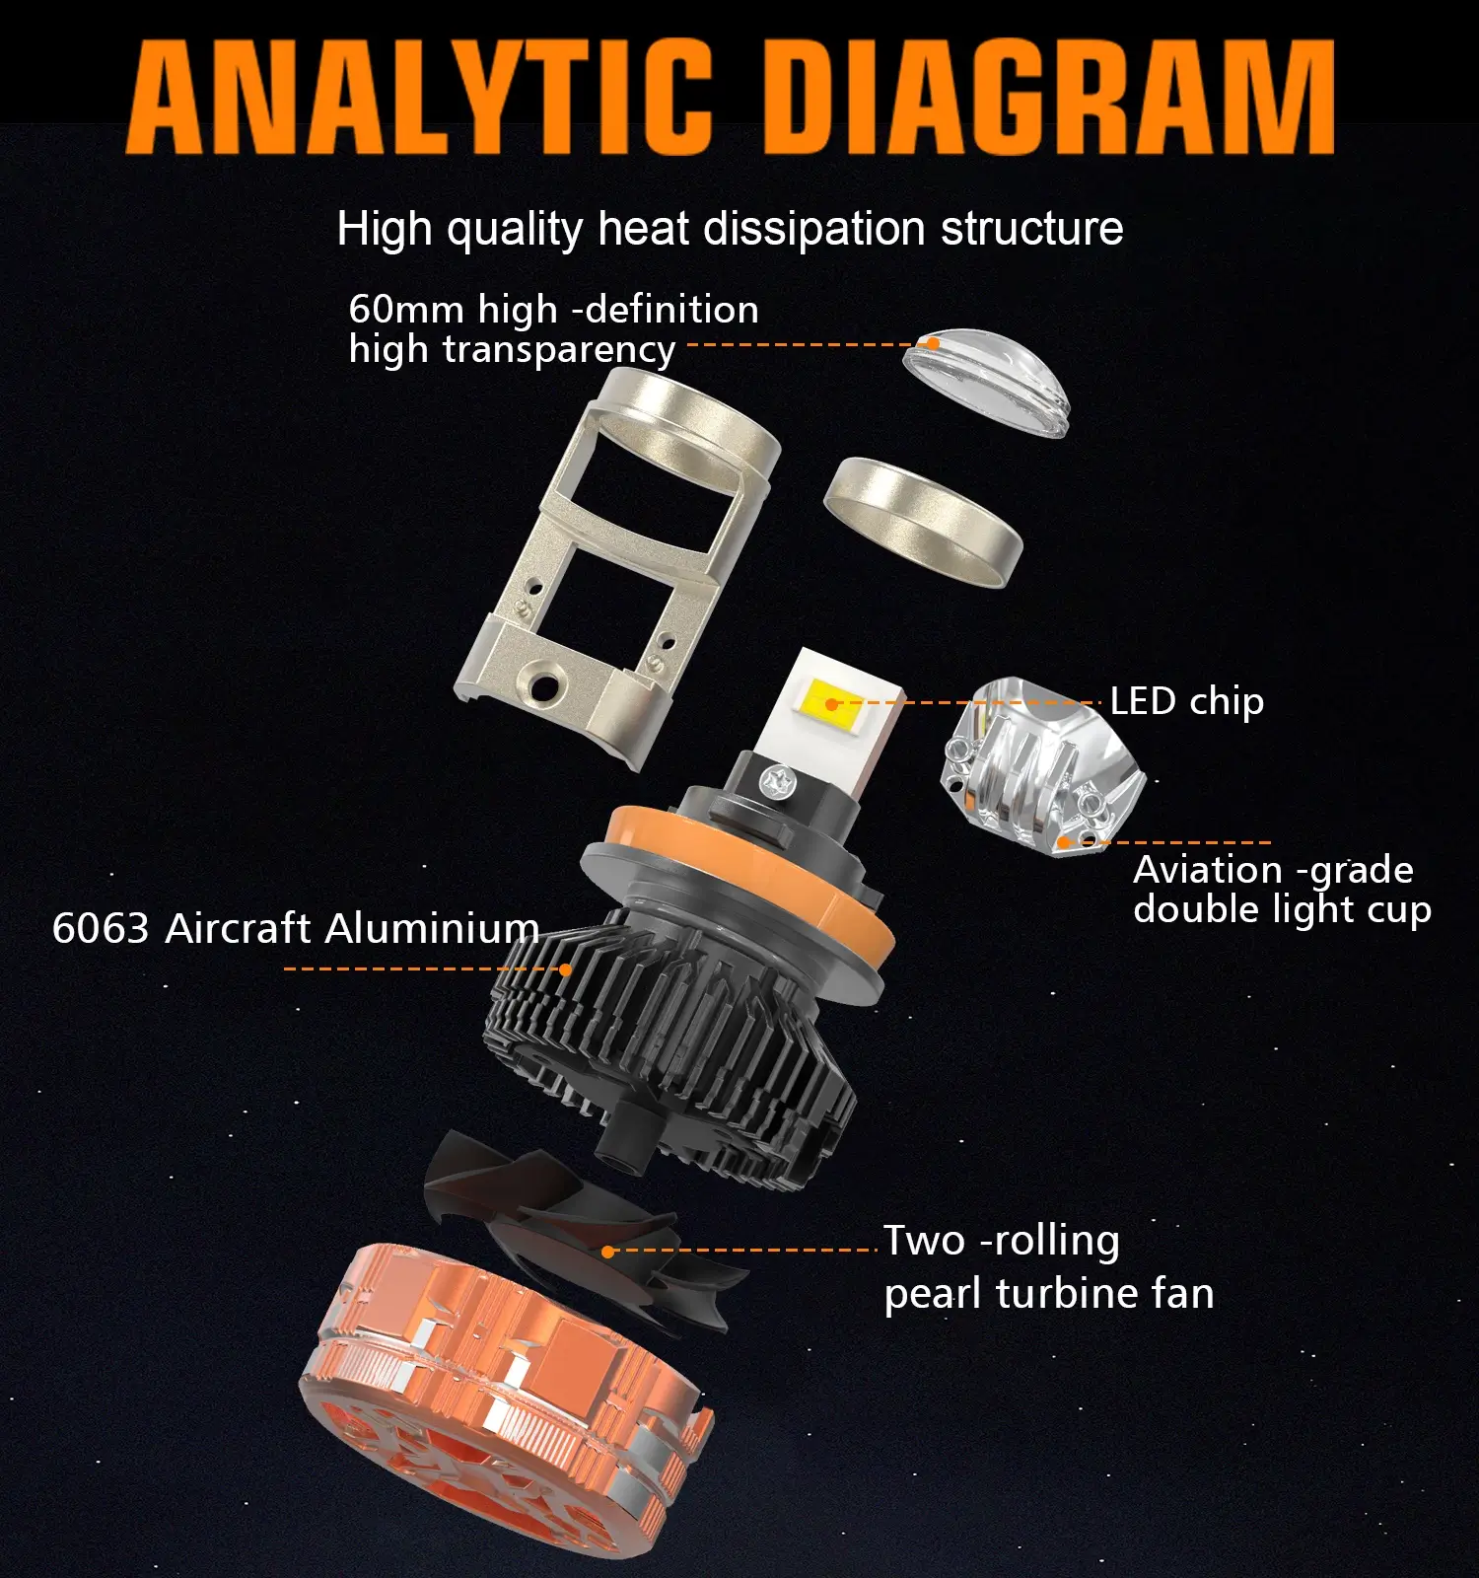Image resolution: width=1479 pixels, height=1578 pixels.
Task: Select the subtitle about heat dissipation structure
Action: pos(730,229)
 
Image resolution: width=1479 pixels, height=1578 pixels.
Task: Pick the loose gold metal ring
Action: pos(923,523)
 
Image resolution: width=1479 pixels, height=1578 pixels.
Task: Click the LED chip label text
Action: pos(1187,702)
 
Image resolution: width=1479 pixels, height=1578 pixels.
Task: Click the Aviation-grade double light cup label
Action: pos(1282,890)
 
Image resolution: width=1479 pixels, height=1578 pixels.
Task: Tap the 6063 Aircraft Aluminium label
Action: pos(296,928)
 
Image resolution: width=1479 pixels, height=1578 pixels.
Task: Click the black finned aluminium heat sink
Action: pos(670,1045)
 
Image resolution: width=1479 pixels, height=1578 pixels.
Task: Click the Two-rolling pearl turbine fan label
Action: pos(1049,1267)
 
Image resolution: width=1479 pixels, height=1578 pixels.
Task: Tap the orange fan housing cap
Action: pos(503,1400)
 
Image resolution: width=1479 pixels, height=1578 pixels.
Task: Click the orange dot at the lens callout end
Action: pos(931,343)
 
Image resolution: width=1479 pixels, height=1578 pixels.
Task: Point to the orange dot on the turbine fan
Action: pos(608,1251)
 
